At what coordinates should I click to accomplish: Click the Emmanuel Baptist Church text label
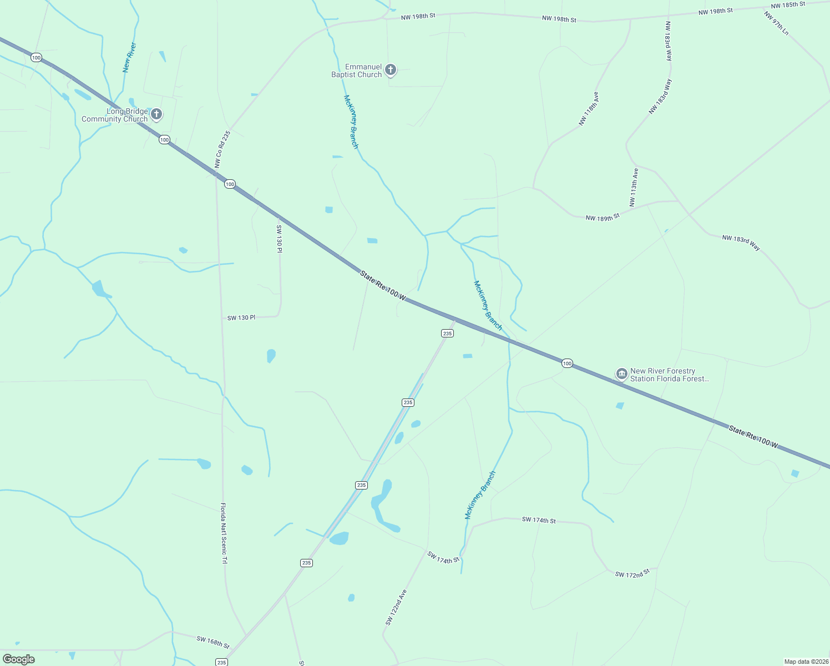357,70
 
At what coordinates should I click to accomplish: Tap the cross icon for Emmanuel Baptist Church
391,70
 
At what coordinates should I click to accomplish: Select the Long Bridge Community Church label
114,115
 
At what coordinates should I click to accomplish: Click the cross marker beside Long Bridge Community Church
156,114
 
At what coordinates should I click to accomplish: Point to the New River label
129,58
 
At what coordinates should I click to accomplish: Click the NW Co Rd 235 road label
222,149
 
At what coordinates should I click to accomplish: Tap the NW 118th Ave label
589,109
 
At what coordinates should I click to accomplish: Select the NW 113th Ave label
634,188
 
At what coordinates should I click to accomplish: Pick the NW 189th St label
602,217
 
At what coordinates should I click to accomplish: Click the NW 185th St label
788,4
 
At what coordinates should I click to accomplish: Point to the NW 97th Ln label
776,23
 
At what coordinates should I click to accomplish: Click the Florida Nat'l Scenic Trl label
224,533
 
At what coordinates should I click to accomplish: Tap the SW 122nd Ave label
396,607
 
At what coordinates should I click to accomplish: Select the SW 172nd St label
632,573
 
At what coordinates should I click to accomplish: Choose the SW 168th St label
213,642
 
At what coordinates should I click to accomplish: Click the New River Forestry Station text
669,375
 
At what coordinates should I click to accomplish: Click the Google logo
19,659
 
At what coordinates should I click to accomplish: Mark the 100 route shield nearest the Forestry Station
566,363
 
